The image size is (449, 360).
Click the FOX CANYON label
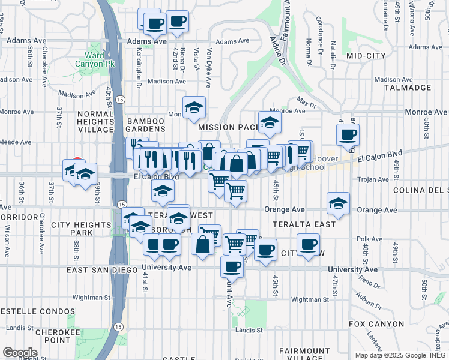pyautogui.click(x=372, y=324)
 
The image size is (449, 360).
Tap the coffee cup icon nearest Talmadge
pyautogui.click(x=348, y=136)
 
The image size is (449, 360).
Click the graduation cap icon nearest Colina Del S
pyautogui.click(x=339, y=203)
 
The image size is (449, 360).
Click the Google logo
pyautogui.click(x=20, y=353)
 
